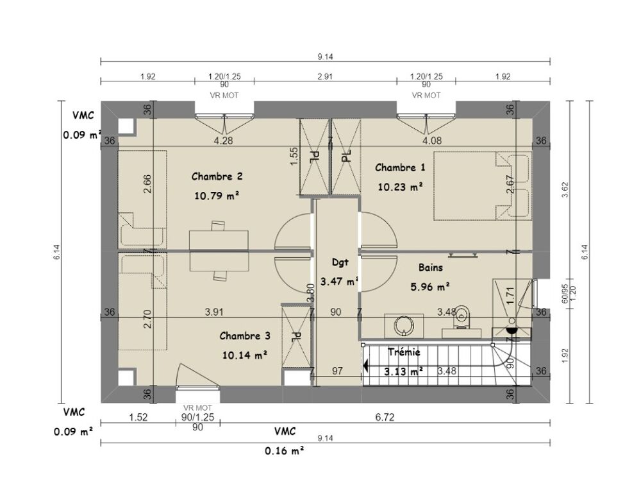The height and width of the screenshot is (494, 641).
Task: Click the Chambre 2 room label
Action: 217,176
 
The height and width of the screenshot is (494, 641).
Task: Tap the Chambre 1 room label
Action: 400,167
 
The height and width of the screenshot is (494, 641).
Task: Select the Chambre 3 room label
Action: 245,336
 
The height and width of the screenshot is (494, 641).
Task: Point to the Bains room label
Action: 431,268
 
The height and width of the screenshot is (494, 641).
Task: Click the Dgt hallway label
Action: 340,263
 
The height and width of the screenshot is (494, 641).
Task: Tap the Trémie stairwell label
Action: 404,352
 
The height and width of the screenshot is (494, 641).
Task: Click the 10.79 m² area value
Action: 217,196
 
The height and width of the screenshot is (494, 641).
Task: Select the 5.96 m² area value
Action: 430,287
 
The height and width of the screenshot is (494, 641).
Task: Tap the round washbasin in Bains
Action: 404,326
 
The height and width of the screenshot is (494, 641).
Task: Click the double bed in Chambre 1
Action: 483,186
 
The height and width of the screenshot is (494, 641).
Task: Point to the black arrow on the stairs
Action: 366,365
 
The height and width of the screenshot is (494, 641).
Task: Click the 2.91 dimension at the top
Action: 325,76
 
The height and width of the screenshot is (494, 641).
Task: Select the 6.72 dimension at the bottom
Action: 385,418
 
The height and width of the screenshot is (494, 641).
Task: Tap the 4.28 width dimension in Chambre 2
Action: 223,141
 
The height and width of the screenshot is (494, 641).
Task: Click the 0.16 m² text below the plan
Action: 285,451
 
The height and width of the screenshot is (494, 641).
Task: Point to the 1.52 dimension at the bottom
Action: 138,418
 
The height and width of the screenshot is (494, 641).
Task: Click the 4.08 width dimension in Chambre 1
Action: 432,141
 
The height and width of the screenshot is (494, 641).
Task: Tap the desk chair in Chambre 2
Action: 219,226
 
